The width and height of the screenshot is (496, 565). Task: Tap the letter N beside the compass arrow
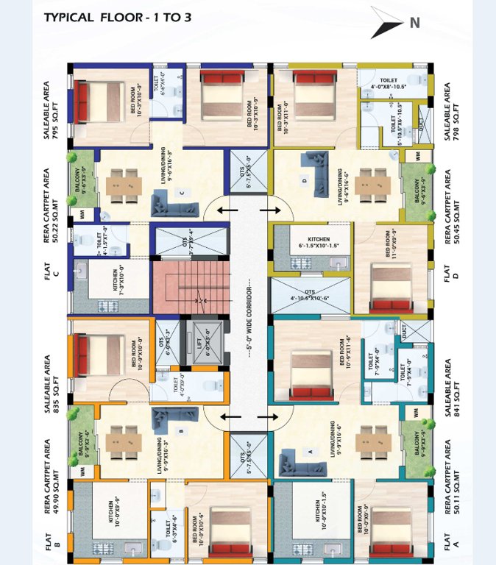click(415, 23)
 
